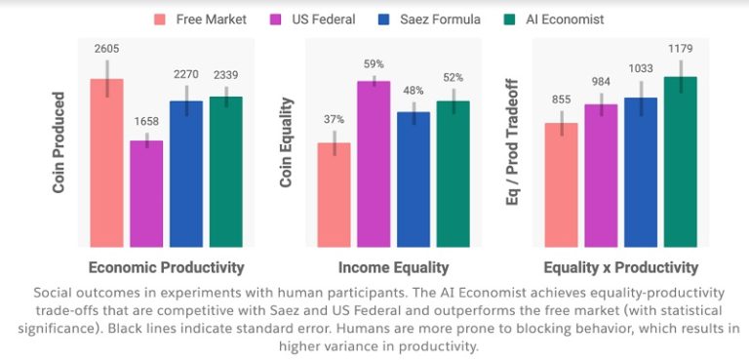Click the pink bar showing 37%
pos(335,194)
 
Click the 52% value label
pos(453,78)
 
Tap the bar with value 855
pos(562,184)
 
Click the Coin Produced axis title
pos(59,142)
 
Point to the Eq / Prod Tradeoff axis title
pos(513,142)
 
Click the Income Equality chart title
pos(393,267)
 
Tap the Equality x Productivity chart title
pos(620,267)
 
